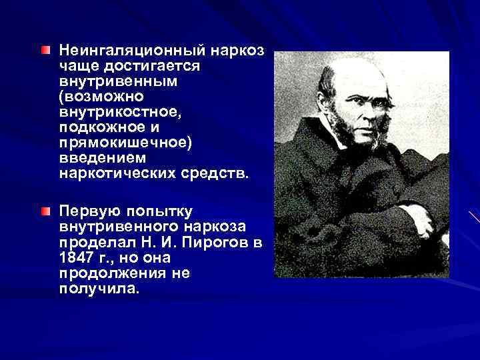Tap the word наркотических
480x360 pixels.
(114, 175)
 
